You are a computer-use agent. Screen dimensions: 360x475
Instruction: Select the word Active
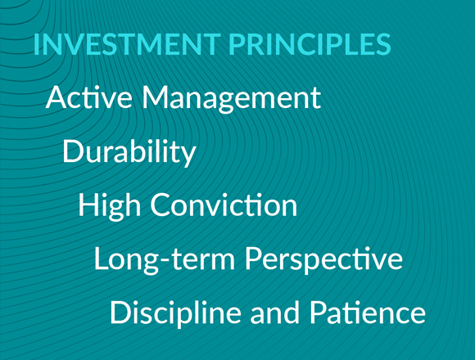88,98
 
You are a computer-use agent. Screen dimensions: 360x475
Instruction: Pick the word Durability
129,152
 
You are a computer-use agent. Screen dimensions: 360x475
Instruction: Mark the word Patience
367,313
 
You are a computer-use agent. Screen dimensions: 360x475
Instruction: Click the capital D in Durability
72,151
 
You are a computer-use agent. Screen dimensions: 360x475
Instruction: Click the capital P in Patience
317,313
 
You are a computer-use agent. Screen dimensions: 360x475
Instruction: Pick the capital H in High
88,205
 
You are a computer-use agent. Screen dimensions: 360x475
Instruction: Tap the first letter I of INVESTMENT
37,44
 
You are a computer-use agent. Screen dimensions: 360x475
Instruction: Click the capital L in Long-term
100,259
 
